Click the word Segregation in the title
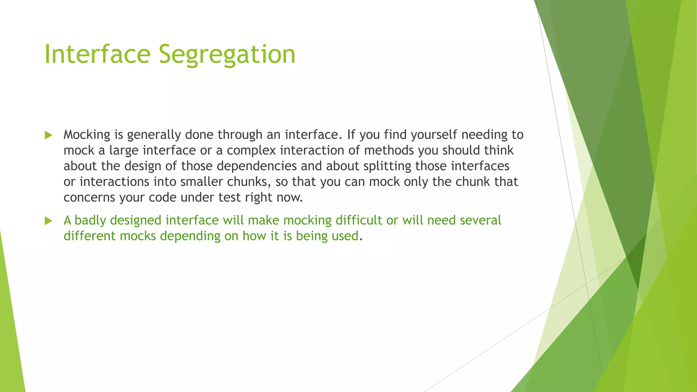point(227,54)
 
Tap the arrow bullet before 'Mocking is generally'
point(48,135)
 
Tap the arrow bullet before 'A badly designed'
point(48,221)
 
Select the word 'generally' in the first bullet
point(154,135)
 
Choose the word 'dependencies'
point(257,166)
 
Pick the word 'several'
point(480,220)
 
